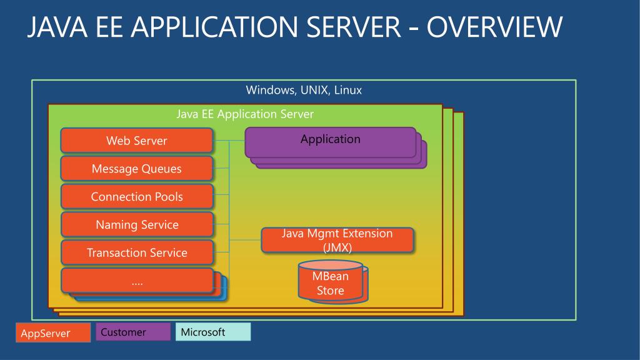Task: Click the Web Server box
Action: pyautogui.click(x=137, y=141)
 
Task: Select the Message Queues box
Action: pyautogui.click(x=137, y=169)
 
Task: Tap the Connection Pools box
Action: pyautogui.click(x=137, y=197)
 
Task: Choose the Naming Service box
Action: pyautogui.click(x=137, y=225)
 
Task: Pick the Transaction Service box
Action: pyautogui.click(x=137, y=253)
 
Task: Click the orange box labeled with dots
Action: pyautogui.click(x=137, y=281)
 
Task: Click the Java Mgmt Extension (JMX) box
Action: pyautogui.click(x=337, y=241)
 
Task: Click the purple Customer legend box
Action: pyautogui.click(x=133, y=332)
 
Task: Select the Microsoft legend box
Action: pyautogui.click(x=213, y=332)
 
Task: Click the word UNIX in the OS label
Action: pyautogui.click(x=316, y=90)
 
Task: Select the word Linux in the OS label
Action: pyautogui.click(x=348, y=90)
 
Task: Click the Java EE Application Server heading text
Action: pyautogui.click(x=245, y=114)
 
